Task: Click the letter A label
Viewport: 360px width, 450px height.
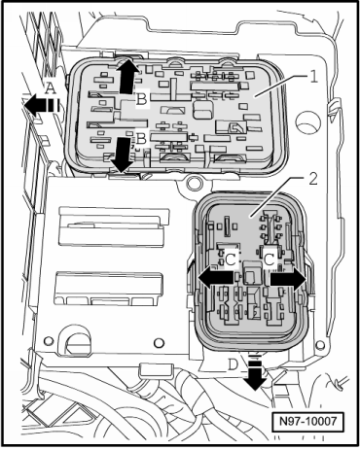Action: click(50, 88)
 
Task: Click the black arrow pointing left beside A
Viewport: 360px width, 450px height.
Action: click(42, 105)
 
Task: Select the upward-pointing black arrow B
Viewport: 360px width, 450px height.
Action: click(128, 76)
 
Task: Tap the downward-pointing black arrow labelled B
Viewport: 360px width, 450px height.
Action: click(122, 155)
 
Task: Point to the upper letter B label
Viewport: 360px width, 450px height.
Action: click(141, 99)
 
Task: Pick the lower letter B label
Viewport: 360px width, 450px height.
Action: click(141, 139)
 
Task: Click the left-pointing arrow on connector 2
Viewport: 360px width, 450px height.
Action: click(215, 278)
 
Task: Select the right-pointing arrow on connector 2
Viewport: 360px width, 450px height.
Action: click(288, 278)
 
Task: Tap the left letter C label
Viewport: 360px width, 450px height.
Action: click(231, 260)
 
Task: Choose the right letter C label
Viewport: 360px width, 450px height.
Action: click(270, 260)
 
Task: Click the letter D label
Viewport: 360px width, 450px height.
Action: click(233, 365)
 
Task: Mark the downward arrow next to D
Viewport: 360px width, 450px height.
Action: click(255, 372)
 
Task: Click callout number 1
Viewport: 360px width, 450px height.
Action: click(313, 77)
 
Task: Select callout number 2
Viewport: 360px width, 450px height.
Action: click(313, 179)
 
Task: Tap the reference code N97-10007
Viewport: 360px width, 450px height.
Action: click(307, 422)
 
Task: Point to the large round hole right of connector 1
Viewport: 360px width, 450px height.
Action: click(307, 123)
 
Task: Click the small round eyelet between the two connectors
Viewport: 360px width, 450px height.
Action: click(195, 182)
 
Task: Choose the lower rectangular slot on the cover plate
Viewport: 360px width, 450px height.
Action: click(109, 289)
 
